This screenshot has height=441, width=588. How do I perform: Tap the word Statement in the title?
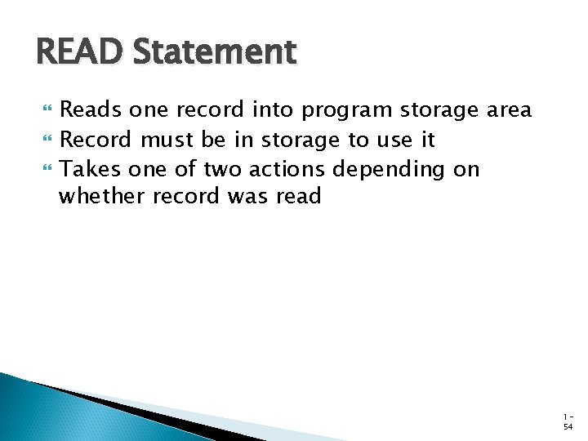point(214,53)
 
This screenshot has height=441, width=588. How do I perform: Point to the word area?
point(509,109)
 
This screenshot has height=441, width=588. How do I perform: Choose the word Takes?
point(87,169)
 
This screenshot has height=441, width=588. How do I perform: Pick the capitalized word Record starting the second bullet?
point(96,140)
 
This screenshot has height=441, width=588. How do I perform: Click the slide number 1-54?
point(568,421)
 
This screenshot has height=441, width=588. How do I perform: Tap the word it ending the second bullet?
point(427,140)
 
